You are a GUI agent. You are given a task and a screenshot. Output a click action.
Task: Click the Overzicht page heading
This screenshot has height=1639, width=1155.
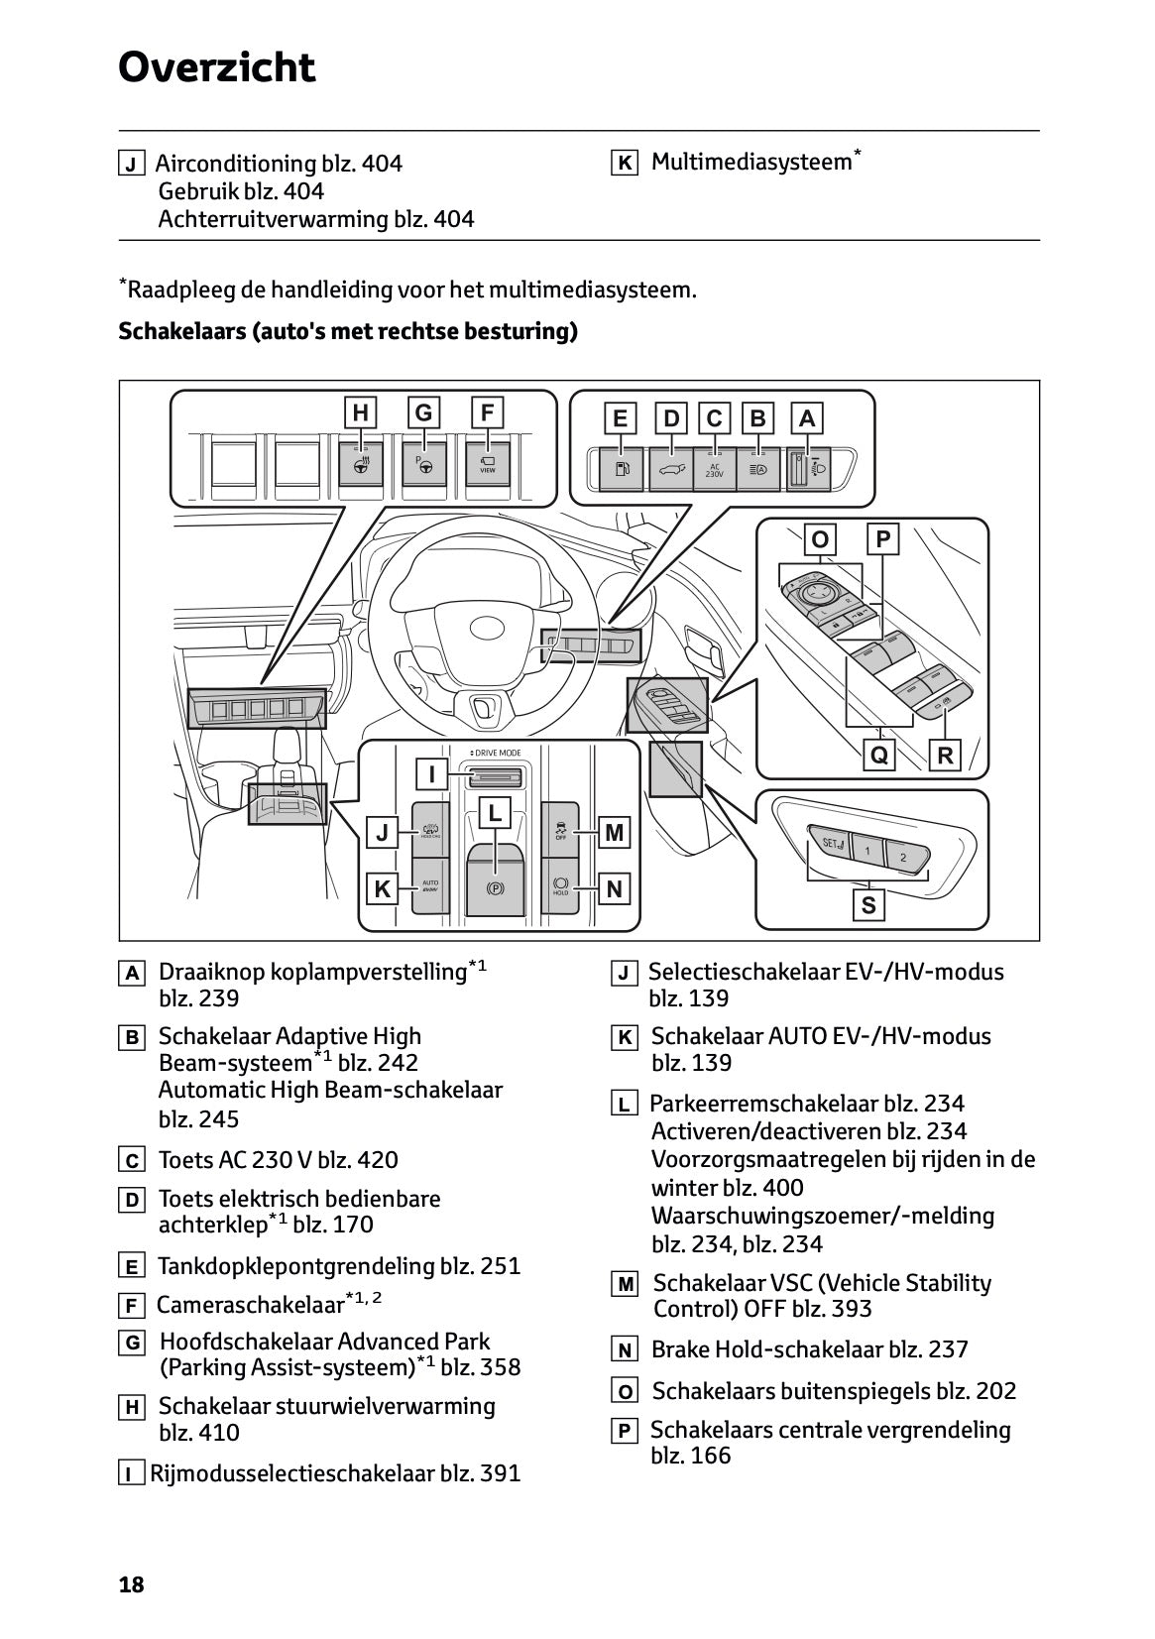(216, 68)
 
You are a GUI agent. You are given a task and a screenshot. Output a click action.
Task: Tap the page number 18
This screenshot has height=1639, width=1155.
(131, 1584)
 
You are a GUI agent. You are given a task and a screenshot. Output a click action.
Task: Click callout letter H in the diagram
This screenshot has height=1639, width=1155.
(360, 413)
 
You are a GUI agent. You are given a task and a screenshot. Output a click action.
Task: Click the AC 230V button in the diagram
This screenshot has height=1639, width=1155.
(714, 469)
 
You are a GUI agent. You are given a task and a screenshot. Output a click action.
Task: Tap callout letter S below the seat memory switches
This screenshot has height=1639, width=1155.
(868, 904)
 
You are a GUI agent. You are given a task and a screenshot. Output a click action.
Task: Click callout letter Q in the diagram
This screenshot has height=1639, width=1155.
(878, 756)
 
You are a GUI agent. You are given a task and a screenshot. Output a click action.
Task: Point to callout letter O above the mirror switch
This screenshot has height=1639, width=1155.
(820, 539)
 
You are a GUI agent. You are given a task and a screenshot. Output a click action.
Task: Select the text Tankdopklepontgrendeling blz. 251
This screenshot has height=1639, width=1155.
(338, 1266)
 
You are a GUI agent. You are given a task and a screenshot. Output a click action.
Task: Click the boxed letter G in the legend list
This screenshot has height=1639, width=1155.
(131, 1344)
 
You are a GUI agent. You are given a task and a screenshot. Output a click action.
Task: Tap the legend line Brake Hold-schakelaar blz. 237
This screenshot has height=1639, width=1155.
(809, 1349)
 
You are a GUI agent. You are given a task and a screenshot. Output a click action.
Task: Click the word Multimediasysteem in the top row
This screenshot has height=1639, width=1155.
(751, 163)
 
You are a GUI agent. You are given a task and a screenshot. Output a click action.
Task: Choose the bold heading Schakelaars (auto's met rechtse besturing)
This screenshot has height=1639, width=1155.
(347, 331)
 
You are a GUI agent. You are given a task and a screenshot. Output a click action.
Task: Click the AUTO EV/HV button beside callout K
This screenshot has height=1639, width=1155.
(430, 884)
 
